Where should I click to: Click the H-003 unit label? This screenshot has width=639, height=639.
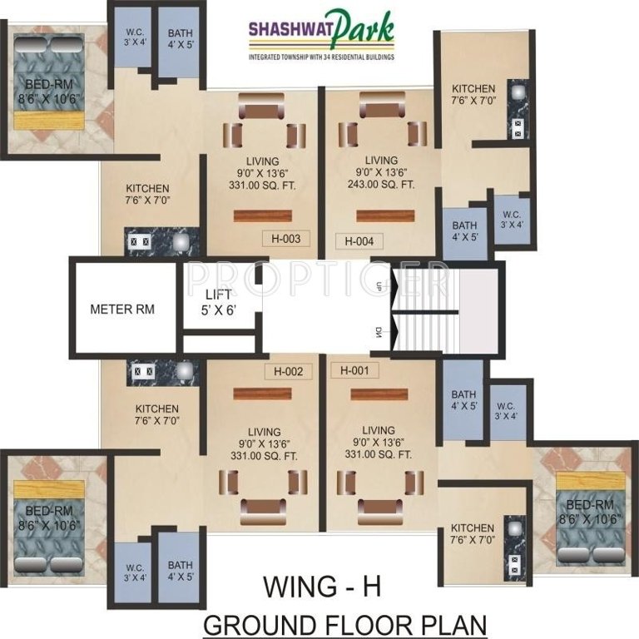(x=285, y=239)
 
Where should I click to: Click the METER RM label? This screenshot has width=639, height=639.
(x=121, y=309)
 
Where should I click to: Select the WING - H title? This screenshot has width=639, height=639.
(x=322, y=586)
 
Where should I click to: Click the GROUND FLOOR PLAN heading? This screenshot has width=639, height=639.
(x=344, y=623)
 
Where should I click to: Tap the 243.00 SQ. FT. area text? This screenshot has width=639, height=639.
(x=381, y=185)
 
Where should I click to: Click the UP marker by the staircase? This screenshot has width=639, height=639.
(x=379, y=285)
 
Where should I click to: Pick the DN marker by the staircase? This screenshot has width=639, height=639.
(x=379, y=334)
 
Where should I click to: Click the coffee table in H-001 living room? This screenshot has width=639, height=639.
(x=382, y=483)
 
